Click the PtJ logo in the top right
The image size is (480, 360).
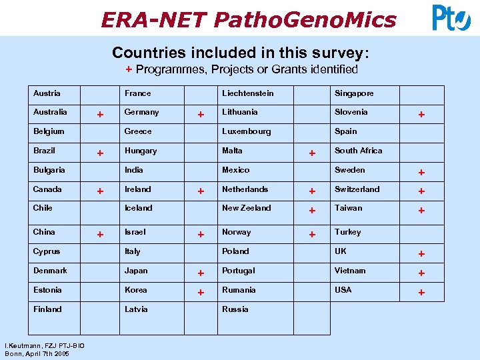click(x=451, y=18)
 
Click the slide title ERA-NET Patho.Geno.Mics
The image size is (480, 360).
click(x=248, y=19)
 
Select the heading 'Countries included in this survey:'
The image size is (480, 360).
click(x=240, y=52)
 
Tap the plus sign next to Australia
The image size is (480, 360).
click(x=100, y=114)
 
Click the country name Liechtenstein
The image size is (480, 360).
click(x=247, y=93)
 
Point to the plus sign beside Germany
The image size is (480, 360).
click(x=201, y=115)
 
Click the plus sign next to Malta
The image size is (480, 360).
click(x=311, y=153)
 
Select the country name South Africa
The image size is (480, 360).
click(x=358, y=151)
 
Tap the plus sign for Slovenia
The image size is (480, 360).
click(x=421, y=115)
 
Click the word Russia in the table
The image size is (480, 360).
click(x=235, y=309)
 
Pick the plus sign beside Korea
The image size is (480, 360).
click(x=201, y=292)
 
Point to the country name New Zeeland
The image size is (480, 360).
click(x=247, y=208)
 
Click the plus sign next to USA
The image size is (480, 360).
click(x=421, y=292)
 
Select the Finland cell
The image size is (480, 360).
click(x=47, y=309)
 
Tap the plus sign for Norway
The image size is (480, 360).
click(x=311, y=234)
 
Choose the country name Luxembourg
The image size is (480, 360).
click(x=247, y=131)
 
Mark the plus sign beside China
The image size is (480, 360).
click(x=100, y=234)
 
